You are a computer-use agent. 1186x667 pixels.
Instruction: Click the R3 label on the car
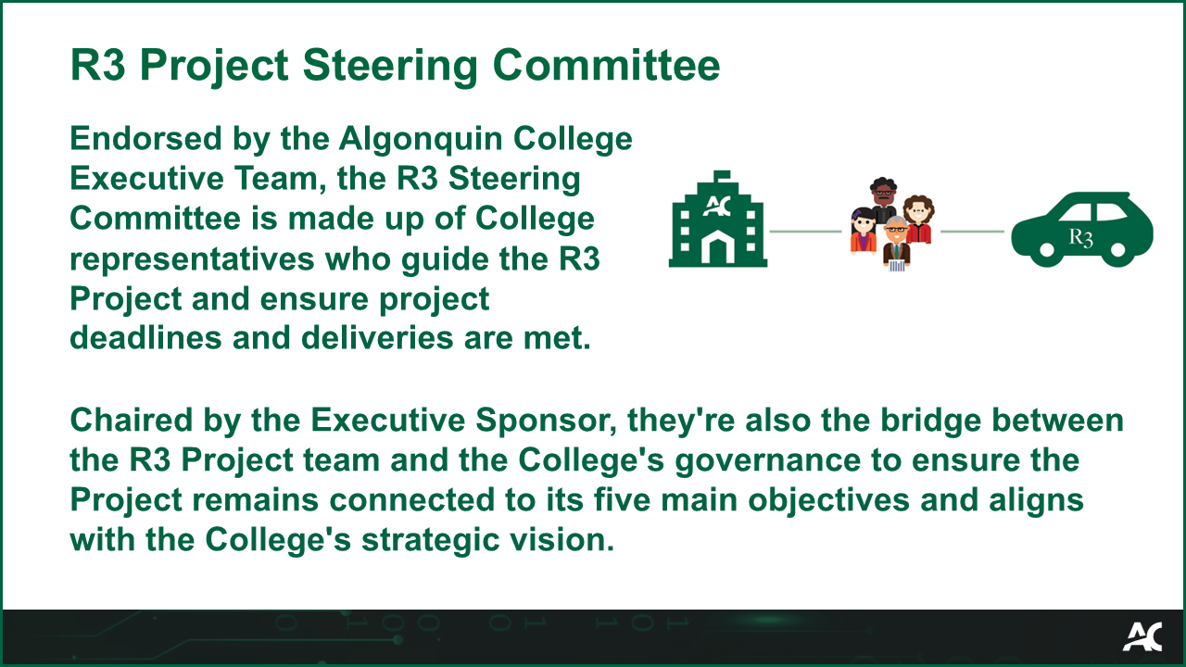[1080, 236]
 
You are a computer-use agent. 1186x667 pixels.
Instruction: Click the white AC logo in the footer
[1142, 636]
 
